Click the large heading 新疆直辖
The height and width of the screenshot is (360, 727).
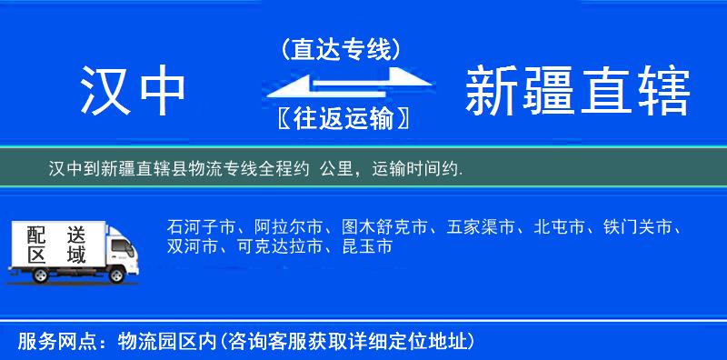click(x=577, y=91)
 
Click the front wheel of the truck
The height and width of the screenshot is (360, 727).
click(x=115, y=274)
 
